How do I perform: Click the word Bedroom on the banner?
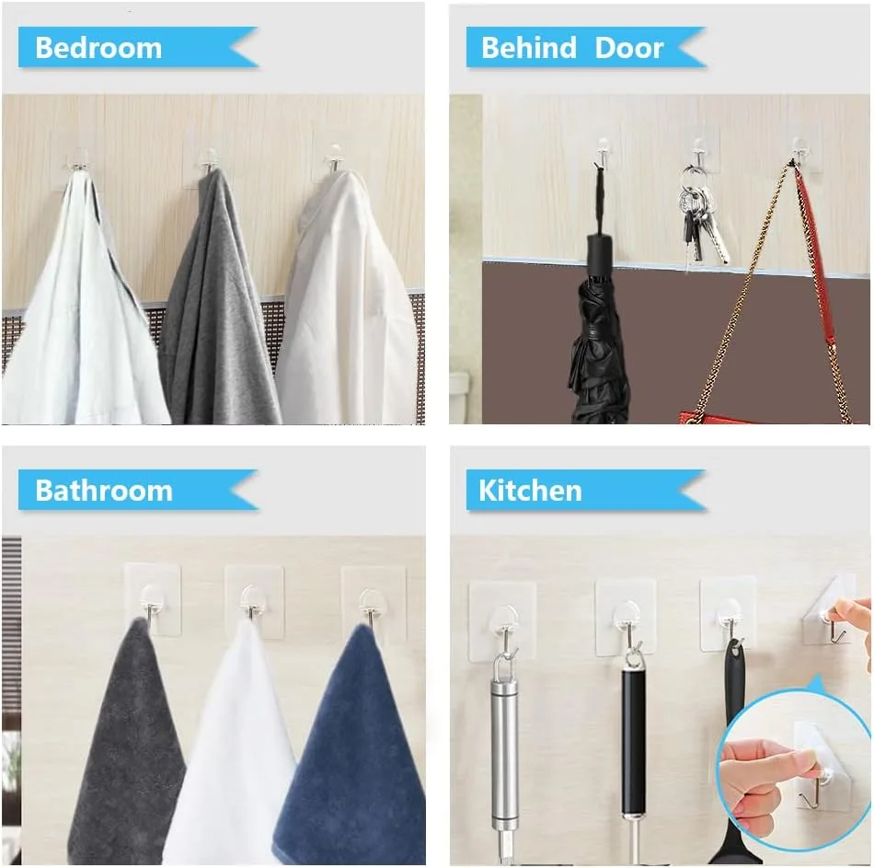pyautogui.click(x=98, y=48)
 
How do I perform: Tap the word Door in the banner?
pyautogui.click(x=628, y=48)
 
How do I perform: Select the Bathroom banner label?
pyautogui.click(x=104, y=491)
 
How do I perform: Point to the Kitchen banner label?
pyautogui.click(x=530, y=491)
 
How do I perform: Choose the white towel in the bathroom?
pyautogui.click(x=234, y=747)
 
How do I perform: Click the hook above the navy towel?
pyautogui.click(x=370, y=608)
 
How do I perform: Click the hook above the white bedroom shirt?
pyautogui.click(x=333, y=158)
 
